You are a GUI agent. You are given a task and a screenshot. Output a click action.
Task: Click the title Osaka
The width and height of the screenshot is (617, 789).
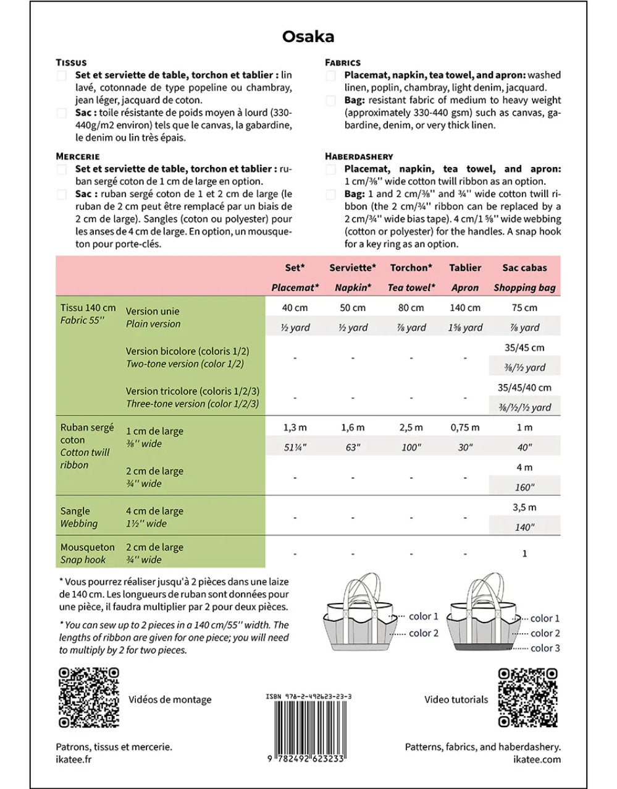pos(308,36)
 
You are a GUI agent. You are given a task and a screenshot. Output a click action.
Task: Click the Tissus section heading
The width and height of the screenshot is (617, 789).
pos(71,62)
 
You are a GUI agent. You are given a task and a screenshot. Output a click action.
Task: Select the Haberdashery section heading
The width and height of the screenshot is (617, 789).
pos(359,156)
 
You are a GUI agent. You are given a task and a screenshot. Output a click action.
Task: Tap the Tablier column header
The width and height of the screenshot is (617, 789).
pos(465,268)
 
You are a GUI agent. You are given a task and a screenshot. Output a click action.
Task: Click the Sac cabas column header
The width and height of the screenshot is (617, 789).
pos(524,268)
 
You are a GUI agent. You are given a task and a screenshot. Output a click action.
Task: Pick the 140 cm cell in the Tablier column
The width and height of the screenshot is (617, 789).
pos(465,307)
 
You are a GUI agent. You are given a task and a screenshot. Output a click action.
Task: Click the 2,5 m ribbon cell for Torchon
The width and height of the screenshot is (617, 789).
pos(411,427)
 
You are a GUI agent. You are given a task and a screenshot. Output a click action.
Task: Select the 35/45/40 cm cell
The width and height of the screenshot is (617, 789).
pos(524,388)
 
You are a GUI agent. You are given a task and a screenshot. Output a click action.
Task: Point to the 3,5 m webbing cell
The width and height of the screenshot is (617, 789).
pos(524,507)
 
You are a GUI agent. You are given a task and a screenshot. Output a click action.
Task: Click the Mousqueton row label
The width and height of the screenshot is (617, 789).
pos(88,547)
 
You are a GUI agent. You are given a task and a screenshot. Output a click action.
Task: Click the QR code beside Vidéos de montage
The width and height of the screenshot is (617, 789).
pos(88,697)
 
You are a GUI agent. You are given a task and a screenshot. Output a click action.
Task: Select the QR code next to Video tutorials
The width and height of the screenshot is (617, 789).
pos(528,697)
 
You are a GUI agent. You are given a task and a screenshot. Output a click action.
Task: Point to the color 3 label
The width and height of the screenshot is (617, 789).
pos(545,648)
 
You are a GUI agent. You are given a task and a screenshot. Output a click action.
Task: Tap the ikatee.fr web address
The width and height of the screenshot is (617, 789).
pos(73,759)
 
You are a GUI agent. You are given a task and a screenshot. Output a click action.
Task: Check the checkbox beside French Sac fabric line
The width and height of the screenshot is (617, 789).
pos(62,113)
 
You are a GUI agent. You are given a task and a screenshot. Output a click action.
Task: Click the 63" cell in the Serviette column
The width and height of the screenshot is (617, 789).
pos(353,447)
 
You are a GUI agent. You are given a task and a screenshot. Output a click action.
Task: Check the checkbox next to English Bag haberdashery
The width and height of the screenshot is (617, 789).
pos(331,194)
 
